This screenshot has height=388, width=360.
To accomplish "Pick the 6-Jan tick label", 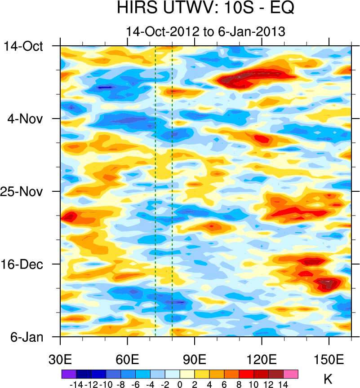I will pos(26,337).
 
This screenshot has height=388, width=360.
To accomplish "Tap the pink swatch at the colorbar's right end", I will pos(291,374).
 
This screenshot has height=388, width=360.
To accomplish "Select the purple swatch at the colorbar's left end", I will pos(68,374).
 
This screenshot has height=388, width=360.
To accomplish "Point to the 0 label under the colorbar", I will pos(179,384).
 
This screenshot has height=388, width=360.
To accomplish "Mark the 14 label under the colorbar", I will pos(283,384).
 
